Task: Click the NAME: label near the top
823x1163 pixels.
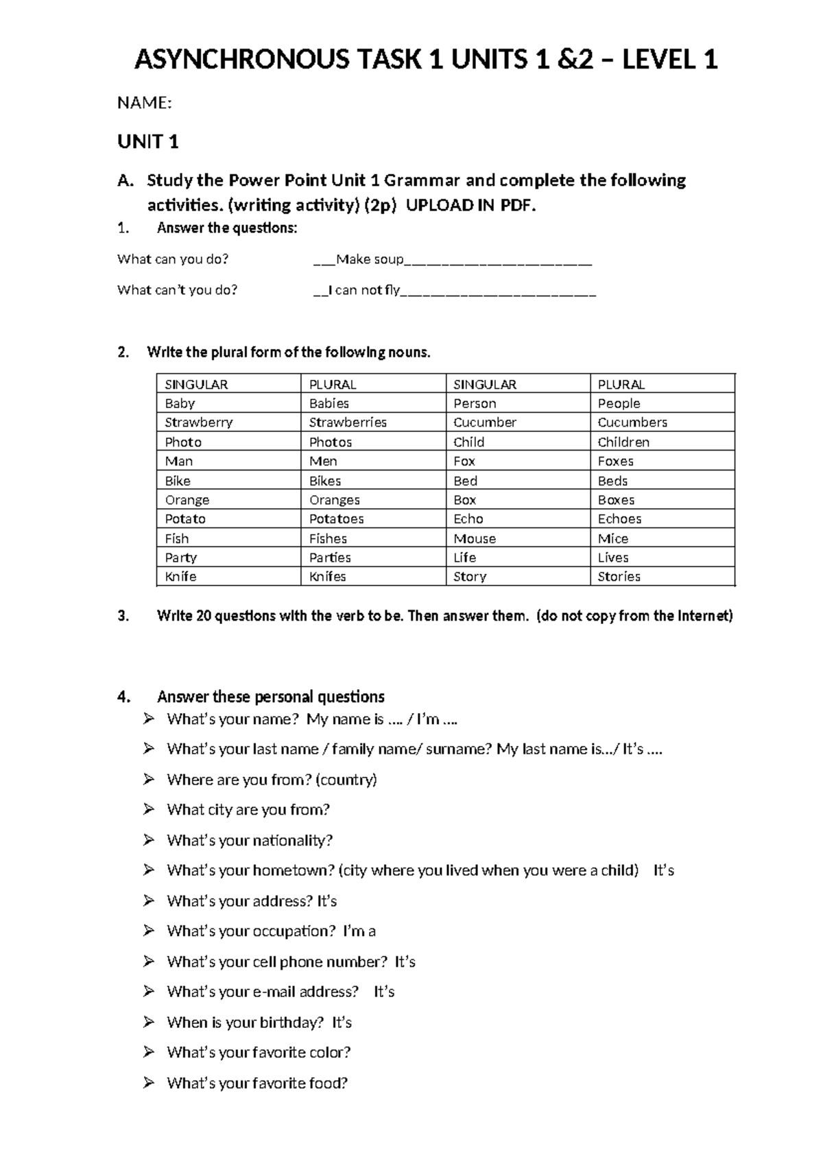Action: (144, 103)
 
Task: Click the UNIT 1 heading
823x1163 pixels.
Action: (148, 142)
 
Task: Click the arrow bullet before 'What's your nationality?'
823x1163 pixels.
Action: (149, 839)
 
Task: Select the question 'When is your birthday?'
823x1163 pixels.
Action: (245, 1022)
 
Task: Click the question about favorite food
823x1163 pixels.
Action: (257, 1083)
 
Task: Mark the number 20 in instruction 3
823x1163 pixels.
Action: (204, 616)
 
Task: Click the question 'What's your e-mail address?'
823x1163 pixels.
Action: (263, 992)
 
